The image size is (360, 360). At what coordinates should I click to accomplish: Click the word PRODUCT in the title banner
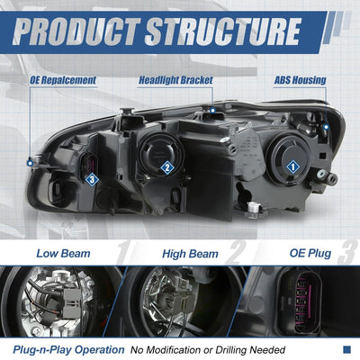[76, 31]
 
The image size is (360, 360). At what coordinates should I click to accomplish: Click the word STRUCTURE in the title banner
[223, 31]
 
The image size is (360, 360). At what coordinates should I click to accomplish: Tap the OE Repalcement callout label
[63, 80]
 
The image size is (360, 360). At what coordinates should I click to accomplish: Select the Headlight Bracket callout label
[175, 80]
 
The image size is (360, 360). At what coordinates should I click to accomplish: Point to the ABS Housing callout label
[300, 80]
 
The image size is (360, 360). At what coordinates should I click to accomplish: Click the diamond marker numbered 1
[292, 166]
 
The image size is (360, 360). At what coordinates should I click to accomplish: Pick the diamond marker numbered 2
[167, 167]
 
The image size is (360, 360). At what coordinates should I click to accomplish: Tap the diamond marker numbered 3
[92, 180]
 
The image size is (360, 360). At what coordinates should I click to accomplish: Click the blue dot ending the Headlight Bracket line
[212, 111]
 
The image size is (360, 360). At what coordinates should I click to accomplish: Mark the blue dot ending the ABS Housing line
[327, 127]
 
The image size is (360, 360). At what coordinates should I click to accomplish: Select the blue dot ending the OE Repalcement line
[30, 163]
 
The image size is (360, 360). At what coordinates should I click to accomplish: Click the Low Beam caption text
[63, 254]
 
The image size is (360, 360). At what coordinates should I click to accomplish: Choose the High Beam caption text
[190, 254]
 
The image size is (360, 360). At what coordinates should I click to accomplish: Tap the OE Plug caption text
[310, 253]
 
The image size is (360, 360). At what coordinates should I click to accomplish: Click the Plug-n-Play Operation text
[68, 350]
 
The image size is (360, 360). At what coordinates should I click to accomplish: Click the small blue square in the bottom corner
[346, 349]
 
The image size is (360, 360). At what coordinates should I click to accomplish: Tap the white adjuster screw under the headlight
[254, 209]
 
